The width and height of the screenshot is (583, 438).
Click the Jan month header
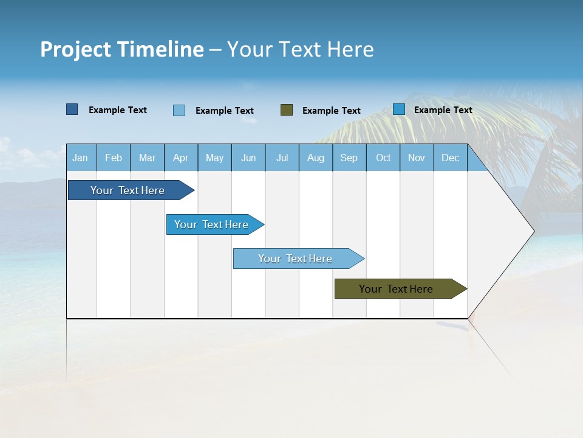point(80,158)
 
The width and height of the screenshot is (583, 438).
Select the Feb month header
point(114,158)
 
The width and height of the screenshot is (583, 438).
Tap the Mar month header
point(147,158)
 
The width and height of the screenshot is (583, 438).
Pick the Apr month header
point(180,158)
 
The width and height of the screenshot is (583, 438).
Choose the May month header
point(214,158)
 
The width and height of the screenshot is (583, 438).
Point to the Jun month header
point(248,158)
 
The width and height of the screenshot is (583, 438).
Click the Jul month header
point(282,158)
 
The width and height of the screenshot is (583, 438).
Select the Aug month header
point(315,158)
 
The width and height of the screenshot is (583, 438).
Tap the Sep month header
point(349,158)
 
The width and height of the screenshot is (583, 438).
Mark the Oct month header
point(383,158)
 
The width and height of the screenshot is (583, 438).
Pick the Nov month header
point(417,158)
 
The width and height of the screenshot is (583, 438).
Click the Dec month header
point(450,158)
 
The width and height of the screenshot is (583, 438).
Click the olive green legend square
point(287,110)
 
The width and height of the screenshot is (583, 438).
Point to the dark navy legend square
point(72,109)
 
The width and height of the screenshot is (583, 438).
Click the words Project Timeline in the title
point(122,49)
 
